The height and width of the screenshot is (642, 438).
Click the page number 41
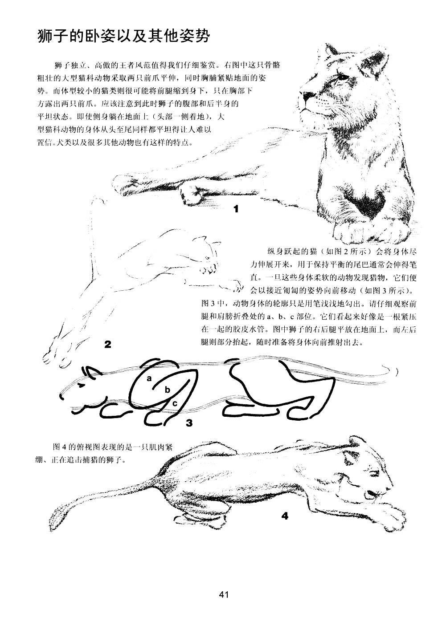(223, 594)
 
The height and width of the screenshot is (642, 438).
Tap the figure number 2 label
(107, 344)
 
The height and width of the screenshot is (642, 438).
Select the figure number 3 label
(189, 423)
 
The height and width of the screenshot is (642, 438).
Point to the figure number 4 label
(285, 516)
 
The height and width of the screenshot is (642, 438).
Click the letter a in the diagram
(149, 378)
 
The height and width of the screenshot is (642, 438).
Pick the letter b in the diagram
(168, 390)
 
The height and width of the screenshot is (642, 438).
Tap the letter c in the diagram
(175, 403)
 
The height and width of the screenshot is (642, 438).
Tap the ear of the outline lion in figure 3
(91, 371)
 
